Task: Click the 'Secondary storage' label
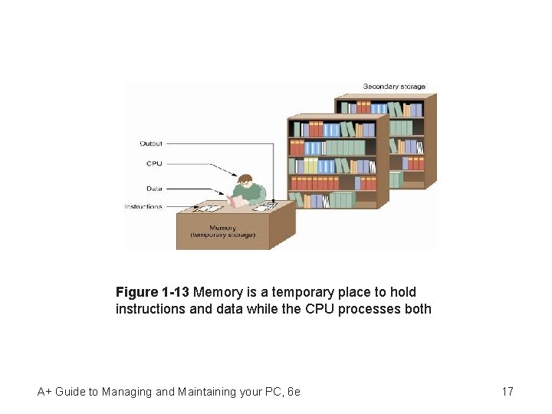(x=393, y=86)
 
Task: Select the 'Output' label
(x=151, y=143)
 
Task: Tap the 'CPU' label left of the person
(x=153, y=163)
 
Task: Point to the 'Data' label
(x=153, y=188)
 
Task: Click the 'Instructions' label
(x=143, y=206)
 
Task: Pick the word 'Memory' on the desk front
(x=223, y=227)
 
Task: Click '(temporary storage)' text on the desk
(x=223, y=235)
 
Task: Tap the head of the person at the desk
(x=245, y=182)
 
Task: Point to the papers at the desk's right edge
(x=264, y=207)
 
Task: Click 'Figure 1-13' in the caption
(x=153, y=292)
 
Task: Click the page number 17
(x=508, y=392)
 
